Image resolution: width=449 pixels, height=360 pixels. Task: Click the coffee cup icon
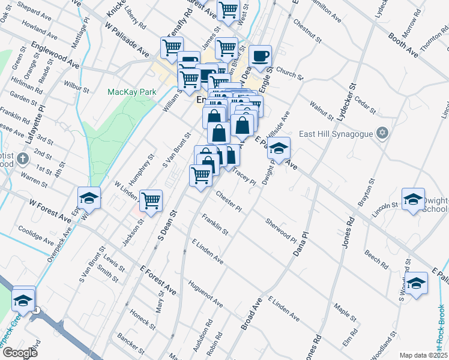point(260,56)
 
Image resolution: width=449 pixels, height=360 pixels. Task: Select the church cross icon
point(23,160)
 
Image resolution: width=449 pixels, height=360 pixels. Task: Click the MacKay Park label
point(131,92)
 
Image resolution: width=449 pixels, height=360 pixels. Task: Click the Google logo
point(19,353)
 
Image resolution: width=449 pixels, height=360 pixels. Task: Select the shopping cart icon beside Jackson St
point(151,200)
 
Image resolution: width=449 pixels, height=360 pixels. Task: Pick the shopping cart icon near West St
point(228,10)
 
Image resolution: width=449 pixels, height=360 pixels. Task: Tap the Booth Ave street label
point(403,46)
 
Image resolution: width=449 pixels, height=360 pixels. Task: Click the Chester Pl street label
point(229,202)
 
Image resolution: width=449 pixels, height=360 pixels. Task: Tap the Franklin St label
point(215,224)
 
